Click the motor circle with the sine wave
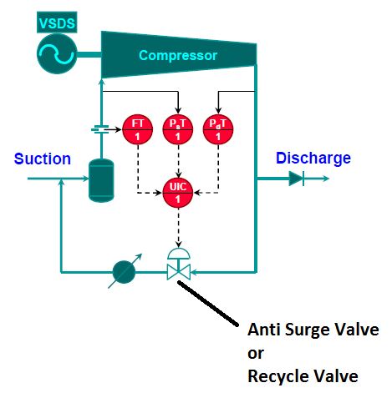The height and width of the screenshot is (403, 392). [x=57, y=56]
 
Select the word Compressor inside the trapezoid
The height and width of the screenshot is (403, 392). [x=177, y=56]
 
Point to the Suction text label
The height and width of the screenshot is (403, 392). [x=43, y=159]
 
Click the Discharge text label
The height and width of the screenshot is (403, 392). [x=313, y=159]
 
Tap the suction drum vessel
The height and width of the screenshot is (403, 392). [x=101, y=179]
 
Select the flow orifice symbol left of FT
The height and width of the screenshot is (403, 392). [x=101, y=129]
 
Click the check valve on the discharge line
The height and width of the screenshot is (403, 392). [x=297, y=178]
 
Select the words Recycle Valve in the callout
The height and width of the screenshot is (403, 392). [x=303, y=376]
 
